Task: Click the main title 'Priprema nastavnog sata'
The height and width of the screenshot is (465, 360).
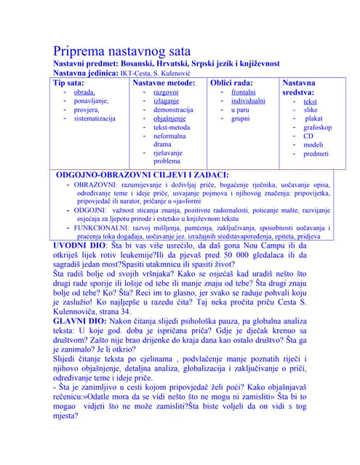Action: point(121,51)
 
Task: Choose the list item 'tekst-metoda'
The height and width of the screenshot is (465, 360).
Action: point(172,127)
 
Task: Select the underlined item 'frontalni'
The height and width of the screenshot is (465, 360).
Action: point(243,93)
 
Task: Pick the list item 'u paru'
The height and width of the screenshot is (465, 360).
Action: point(239,110)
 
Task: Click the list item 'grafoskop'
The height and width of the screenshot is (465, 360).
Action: point(317,127)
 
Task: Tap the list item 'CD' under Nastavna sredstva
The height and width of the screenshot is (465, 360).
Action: point(308,136)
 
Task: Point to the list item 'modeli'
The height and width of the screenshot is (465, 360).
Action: point(313,145)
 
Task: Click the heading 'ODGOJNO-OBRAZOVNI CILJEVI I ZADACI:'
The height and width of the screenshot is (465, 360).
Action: point(143,175)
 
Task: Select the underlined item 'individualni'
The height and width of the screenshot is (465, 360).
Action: point(248,102)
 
